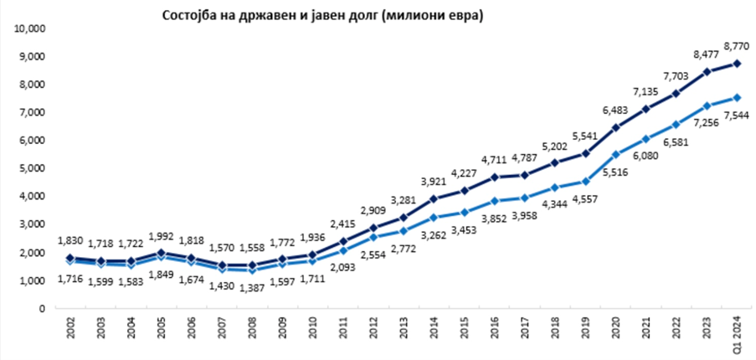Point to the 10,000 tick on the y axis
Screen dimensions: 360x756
click(x=29, y=28)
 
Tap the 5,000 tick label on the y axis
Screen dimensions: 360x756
click(x=31, y=168)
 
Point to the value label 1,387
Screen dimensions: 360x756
click(x=253, y=291)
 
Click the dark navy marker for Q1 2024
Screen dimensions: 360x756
click(x=736, y=64)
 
